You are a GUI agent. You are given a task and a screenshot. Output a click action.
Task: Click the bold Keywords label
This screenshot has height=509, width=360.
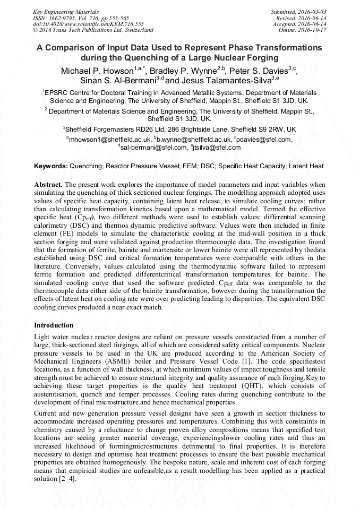coord(50,166)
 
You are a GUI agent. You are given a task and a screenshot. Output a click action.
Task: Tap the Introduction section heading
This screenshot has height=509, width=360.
coord(54,325)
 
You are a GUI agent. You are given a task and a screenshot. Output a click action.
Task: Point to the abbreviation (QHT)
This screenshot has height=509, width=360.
coord(242,387)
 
